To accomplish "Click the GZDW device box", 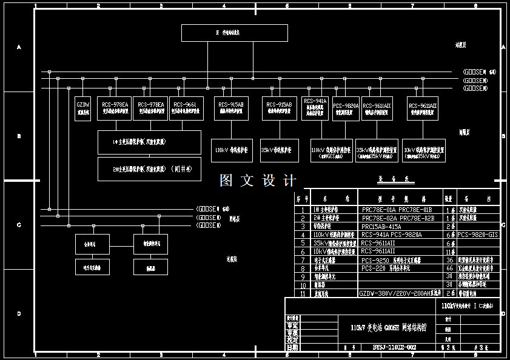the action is [x=83, y=108].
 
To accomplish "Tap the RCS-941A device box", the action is [x=315, y=108].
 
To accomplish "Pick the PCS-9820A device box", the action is [x=346, y=108].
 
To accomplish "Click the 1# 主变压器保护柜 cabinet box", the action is [x=149, y=142].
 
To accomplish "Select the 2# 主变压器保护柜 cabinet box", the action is [x=149, y=168].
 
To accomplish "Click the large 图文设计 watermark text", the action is [x=258, y=181].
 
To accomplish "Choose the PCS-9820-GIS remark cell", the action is [x=478, y=235].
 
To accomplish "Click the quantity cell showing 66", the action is [x=449, y=268].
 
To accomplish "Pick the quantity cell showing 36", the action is [x=449, y=259].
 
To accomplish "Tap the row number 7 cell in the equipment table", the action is [x=303, y=259].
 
